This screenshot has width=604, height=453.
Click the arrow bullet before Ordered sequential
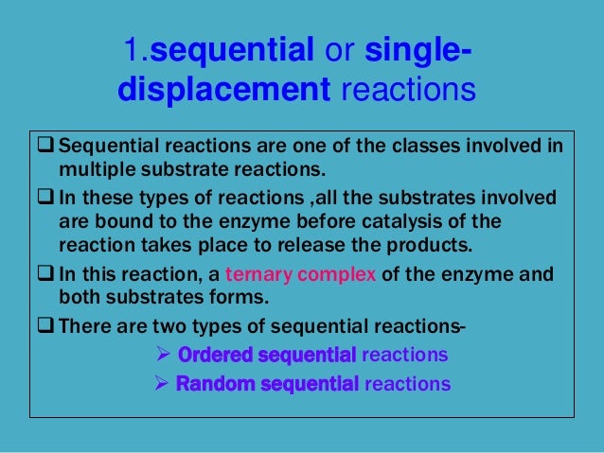coord(160,356)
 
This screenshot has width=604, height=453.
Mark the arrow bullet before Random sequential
coord(160,384)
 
